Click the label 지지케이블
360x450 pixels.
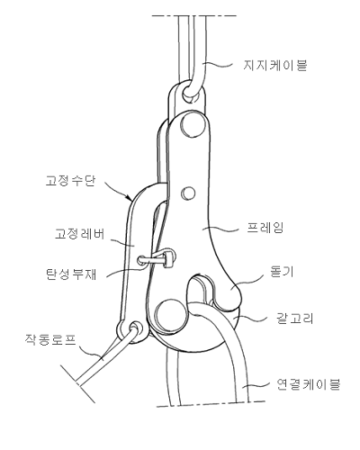click(275, 65)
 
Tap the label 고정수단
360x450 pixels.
click(71, 181)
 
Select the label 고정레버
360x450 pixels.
click(80, 234)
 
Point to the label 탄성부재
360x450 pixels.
click(71, 274)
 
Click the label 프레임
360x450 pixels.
click(265, 228)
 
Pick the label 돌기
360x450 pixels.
click(282, 273)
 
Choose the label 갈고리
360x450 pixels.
click(294, 318)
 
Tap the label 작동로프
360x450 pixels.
click(50, 339)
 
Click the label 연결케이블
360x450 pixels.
click(308, 383)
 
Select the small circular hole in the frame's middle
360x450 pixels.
click(188, 193)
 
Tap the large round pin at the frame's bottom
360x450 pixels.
click(170, 314)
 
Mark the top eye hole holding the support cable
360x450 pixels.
click(191, 92)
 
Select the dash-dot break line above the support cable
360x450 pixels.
click(193, 15)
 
